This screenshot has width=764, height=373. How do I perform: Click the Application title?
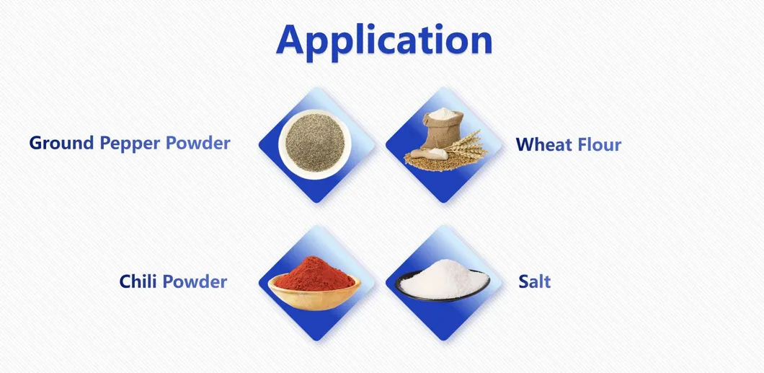click(x=384, y=40)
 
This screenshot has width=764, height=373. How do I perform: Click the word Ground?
click(x=61, y=143)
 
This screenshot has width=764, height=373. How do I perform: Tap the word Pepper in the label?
click(x=130, y=144)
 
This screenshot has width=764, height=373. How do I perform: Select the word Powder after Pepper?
click(x=198, y=143)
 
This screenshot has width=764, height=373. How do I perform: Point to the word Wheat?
click(x=540, y=145)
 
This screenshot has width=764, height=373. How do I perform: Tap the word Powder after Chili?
click(x=195, y=281)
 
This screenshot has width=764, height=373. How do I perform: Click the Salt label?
click(x=535, y=281)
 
